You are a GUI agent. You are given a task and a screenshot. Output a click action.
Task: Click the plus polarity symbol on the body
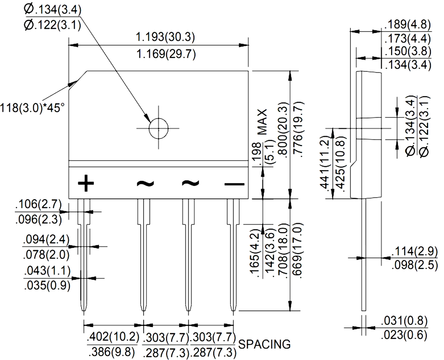[86, 183]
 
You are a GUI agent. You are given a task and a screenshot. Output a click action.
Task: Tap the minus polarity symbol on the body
[234, 184]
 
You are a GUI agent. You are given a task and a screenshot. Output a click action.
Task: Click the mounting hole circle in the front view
[158, 128]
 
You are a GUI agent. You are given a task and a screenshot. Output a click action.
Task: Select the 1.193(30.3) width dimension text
[165, 37]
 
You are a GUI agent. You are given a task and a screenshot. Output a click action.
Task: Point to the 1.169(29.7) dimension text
[166, 54]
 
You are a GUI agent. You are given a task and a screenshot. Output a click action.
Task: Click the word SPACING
[264, 344]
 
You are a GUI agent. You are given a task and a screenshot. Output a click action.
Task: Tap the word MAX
[262, 122]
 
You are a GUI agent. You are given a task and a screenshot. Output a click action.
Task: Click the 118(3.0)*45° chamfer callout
[32, 108]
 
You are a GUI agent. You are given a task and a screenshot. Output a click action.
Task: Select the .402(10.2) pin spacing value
[113, 336]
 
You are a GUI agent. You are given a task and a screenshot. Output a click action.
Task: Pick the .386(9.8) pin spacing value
[112, 352]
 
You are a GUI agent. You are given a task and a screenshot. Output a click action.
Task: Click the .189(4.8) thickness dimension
[407, 24]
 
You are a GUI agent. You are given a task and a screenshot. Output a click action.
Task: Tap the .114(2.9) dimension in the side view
[414, 251]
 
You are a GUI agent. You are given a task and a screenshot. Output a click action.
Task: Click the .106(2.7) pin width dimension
[38, 204]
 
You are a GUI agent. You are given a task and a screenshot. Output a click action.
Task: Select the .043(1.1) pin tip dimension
[47, 270]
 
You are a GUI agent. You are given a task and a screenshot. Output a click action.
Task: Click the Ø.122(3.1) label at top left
[53, 25]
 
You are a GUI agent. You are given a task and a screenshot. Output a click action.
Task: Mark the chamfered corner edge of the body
[78, 80]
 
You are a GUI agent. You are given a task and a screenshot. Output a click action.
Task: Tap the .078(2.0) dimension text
[46, 255]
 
